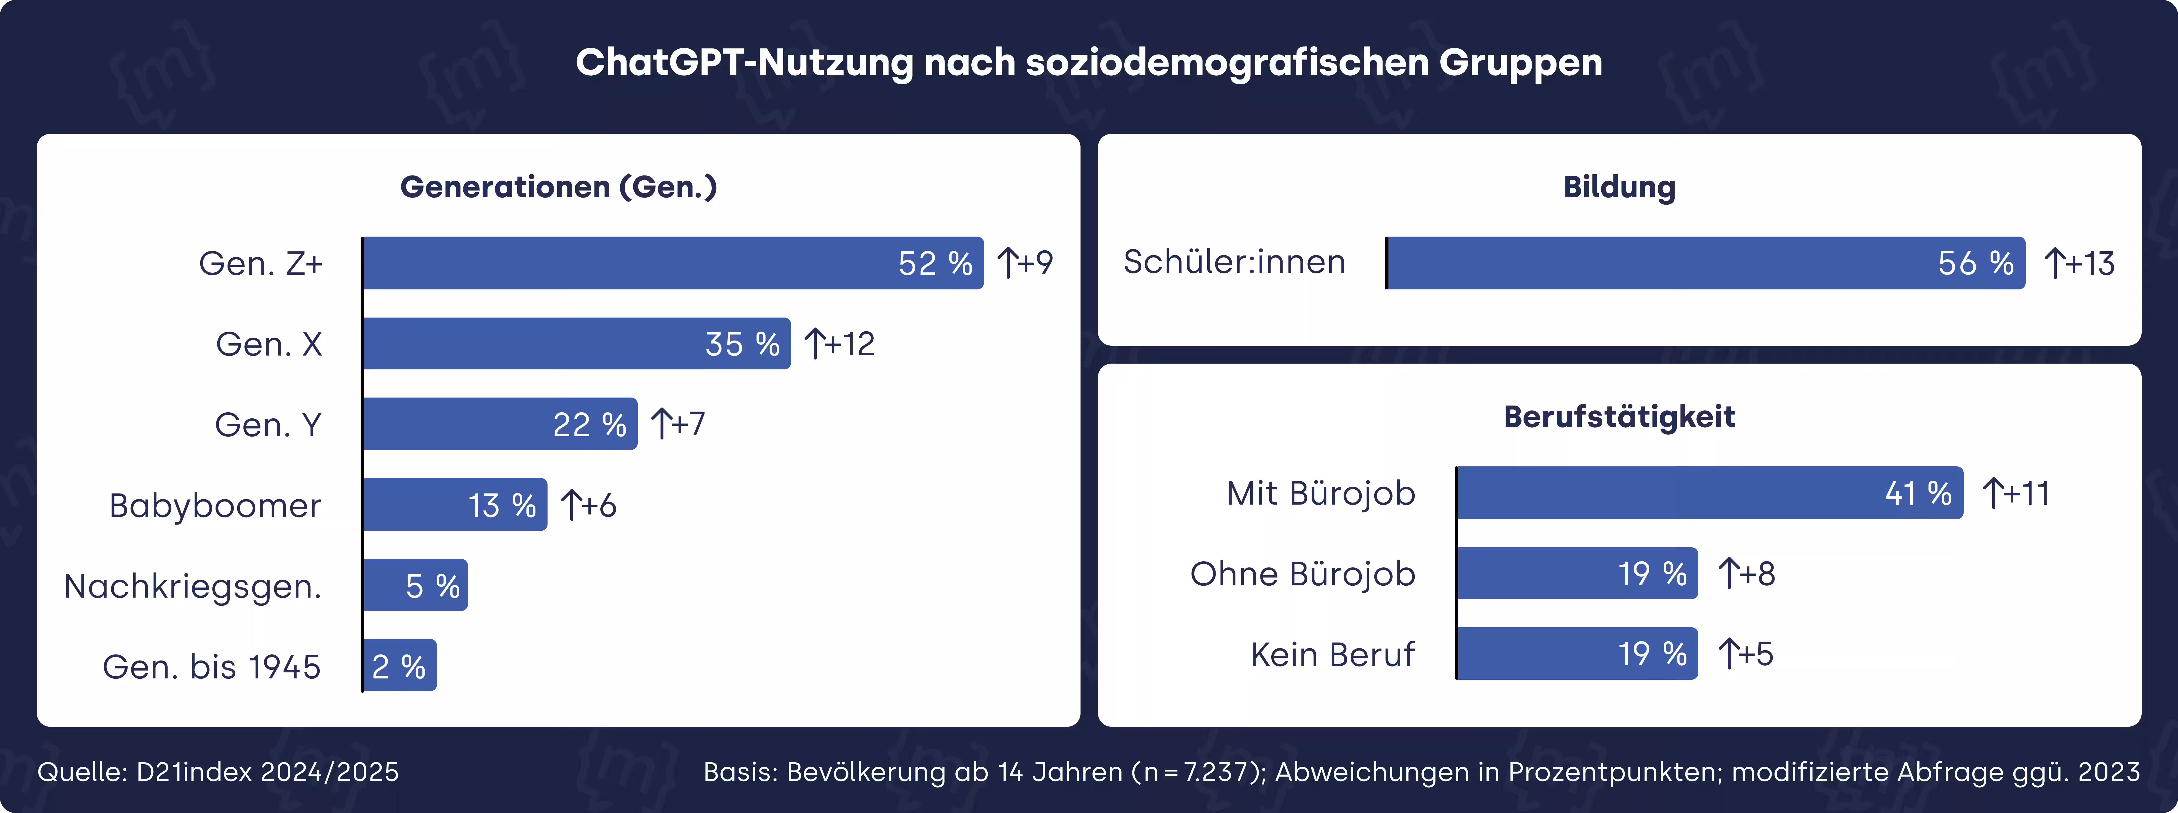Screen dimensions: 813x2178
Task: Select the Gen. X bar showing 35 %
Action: [x=577, y=343]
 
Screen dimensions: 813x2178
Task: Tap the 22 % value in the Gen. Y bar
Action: [x=589, y=424]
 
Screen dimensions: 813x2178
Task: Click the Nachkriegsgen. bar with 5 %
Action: [x=415, y=585]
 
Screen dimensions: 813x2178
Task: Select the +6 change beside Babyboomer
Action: [x=589, y=505]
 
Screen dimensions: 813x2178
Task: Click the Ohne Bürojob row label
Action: [x=1302, y=574]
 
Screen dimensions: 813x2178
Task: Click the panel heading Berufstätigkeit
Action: [x=1619, y=417]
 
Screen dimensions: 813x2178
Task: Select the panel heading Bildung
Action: [x=1619, y=187]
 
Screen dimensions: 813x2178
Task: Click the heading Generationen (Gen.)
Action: [x=558, y=187]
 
